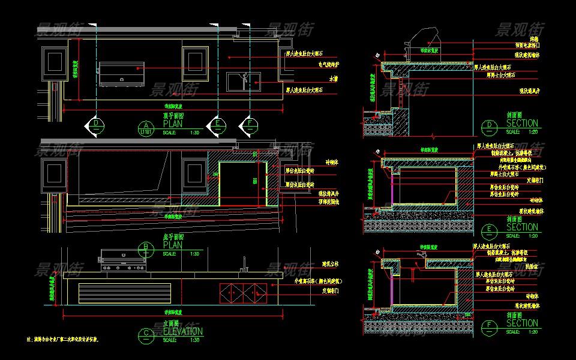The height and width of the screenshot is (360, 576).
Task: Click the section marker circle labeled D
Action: (95, 124)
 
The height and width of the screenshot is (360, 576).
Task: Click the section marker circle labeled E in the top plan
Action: (217, 124)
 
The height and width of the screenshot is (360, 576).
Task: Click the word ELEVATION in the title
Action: (183, 331)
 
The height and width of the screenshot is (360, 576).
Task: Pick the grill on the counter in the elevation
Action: (123, 260)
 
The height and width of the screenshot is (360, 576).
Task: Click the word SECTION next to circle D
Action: (522, 124)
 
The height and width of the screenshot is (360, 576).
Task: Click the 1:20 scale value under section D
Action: (532, 131)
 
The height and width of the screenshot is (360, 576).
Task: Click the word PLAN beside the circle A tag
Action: (173, 124)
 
